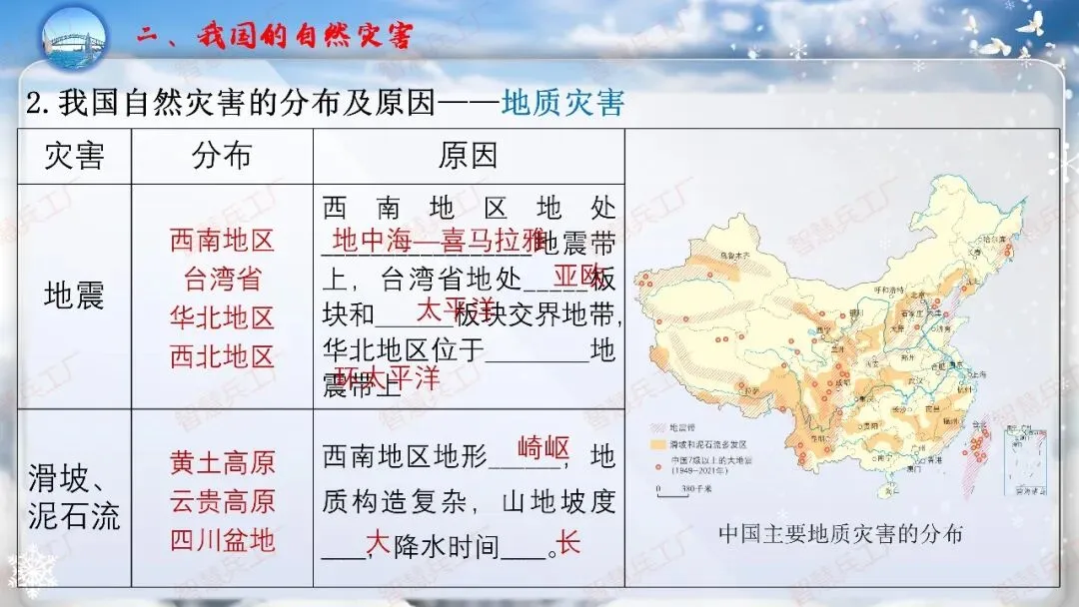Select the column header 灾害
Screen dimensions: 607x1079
point(75,156)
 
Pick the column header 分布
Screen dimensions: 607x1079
point(222,156)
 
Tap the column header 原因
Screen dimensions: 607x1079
point(468,156)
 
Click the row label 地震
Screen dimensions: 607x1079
point(75,296)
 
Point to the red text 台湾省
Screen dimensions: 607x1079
point(222,279)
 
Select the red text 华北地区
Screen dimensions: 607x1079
point(222,318)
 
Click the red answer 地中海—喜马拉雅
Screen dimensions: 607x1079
point(439,241)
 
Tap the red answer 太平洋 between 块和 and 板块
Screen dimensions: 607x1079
point(455,307)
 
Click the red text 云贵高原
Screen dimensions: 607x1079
point(222,501)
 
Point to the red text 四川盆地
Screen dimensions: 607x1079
point(222,540)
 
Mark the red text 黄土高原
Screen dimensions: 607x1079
point(222,463)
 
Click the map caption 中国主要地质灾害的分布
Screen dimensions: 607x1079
point(840,534)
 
